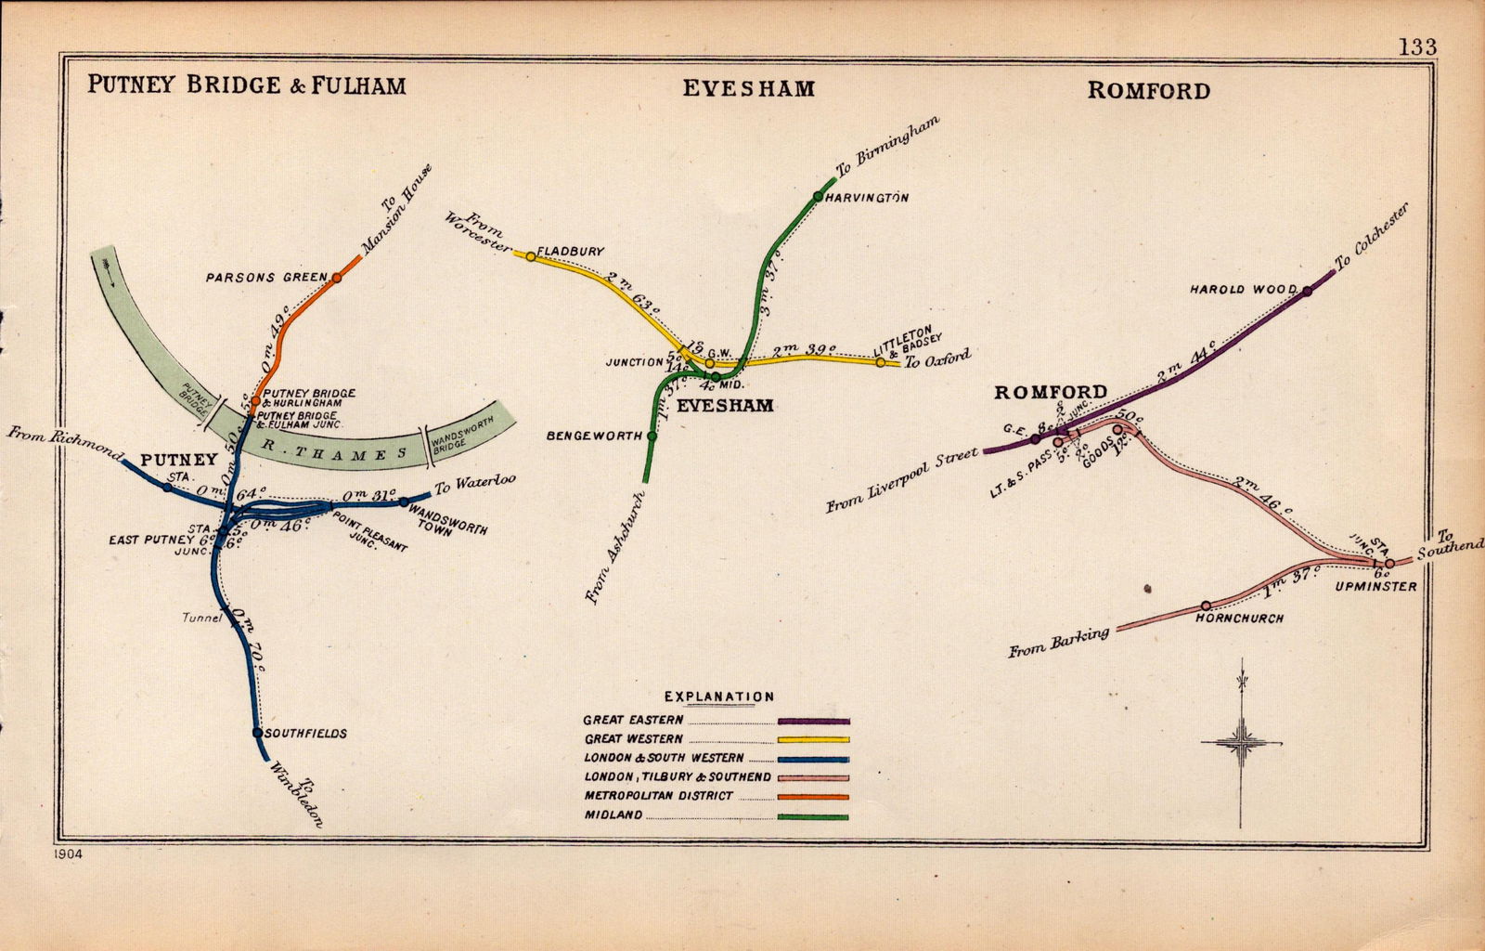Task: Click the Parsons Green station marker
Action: point(336,277)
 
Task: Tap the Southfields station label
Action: point(305,734)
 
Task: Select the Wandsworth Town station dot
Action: point(404,502)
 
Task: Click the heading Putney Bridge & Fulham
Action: point(247,85)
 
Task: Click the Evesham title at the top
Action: point(748,88)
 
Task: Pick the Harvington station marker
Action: point(817,196)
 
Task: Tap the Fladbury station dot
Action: point(530,256)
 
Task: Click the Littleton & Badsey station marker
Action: point(880,362)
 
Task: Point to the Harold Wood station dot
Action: point(1307,291)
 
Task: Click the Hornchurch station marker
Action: point(1206,606)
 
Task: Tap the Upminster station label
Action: point(1375,587)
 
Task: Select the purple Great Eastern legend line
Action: point(814,721)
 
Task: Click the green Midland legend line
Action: point(814,817)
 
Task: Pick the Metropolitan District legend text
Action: point(658,796)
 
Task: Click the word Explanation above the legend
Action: point(718,697)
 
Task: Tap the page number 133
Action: point(1417,48)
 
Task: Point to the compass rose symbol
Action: point(1240,743)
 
